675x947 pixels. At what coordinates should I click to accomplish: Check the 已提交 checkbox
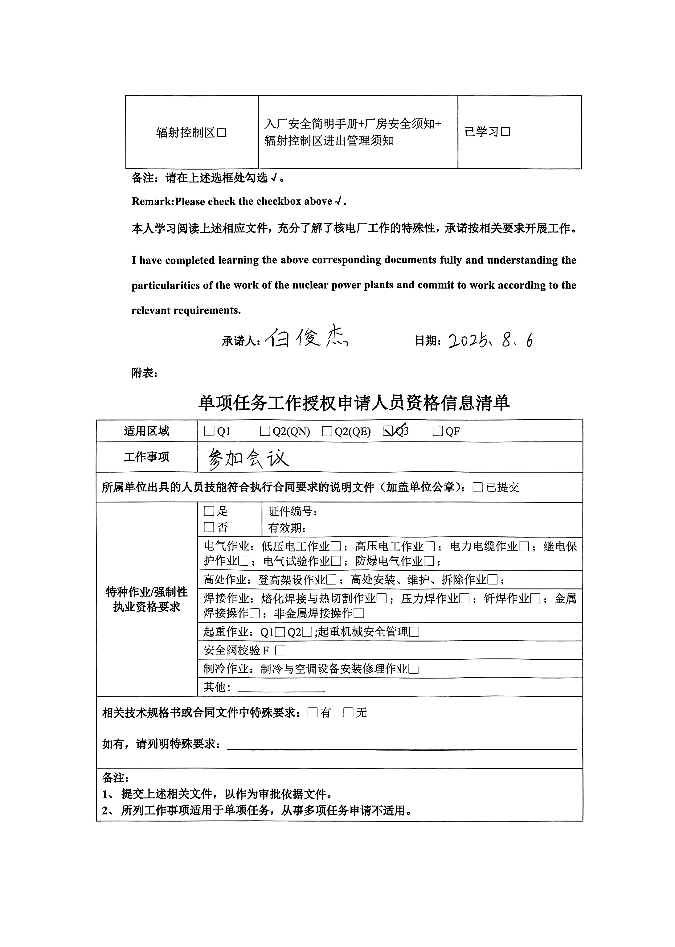pyautogui.click(x=477, y=487)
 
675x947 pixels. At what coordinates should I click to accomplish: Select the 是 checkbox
pyautogui.click(x=209, y=511)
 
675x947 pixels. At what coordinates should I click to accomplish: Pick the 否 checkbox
pyautogui.click(x=209, y=527)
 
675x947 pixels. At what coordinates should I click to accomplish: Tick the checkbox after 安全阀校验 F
pyautogui.click(x=280, y=650)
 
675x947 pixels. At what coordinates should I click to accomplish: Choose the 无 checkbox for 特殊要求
pyautogui.click(x=348, y=712)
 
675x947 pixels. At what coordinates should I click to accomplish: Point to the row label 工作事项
pyautogui.click(x=146, y=457)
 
